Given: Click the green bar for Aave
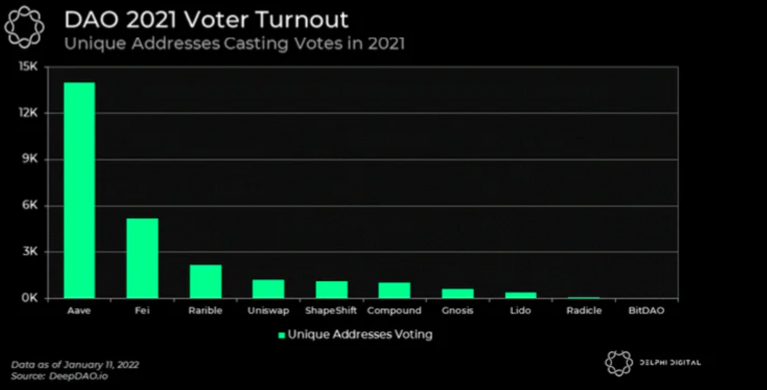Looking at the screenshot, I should coord(79,190).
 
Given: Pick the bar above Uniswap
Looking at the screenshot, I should coord(268,288).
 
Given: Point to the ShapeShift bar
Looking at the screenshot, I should coord(332,289).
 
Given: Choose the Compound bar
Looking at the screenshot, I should coord(394,290).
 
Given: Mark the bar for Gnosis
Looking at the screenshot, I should coord(458,293).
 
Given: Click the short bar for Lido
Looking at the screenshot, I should coord(520,295).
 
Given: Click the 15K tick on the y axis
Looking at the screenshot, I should coord(28,67).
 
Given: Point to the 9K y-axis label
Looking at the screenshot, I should coord(29,159).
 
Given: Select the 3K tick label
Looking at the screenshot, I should coord(29,251).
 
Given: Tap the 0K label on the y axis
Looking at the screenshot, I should coord(29,298).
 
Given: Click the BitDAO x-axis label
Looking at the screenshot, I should coord(646,311).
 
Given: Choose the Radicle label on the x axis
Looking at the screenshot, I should coord(584,311).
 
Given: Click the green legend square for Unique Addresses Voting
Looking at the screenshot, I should coord(281,335).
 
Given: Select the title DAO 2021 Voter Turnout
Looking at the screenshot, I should coord(206,19).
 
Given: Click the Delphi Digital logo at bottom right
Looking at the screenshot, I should coord(619,363).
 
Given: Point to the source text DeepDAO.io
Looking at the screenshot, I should coord(78,376).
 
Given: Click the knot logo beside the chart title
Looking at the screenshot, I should coord(24,27).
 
